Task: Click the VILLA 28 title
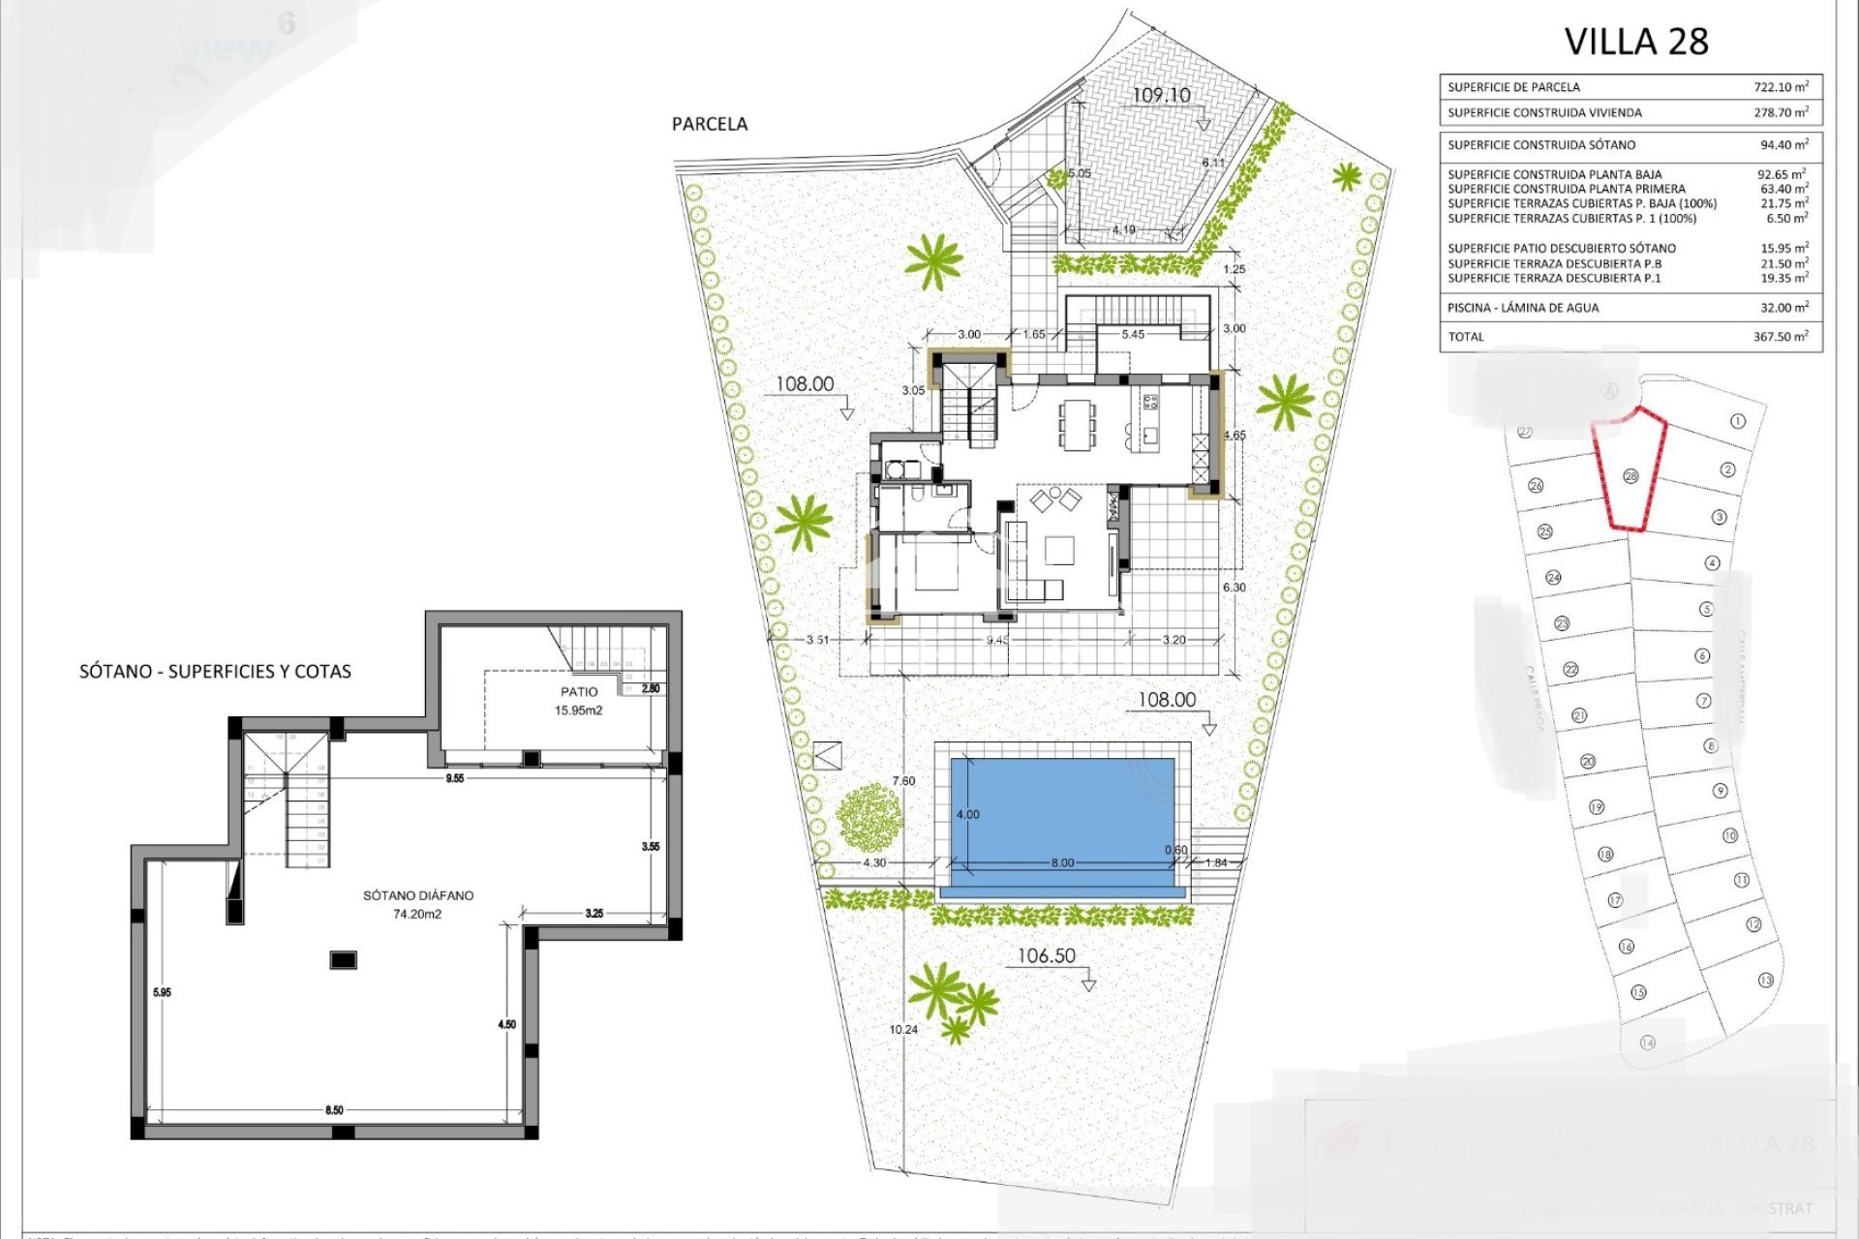click(1635, 42)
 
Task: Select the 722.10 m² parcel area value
click(1781, 87)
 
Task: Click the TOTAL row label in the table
click(1465, 337)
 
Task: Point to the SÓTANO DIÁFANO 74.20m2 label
click(418, 904)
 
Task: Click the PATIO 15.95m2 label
click(579, 701)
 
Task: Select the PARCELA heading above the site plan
click(710, 124)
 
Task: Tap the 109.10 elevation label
click(1161, 95)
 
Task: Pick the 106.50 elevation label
click(1046, 956)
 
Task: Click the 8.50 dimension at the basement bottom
click(334, 1110)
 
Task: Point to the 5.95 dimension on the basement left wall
click(162, 992)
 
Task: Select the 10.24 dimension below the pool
click(903, 1030)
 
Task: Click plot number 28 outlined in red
click(1630, 476)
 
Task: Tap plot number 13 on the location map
click(1766, 981)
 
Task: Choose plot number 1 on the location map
click(1737, 421)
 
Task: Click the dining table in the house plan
click(1079, 426)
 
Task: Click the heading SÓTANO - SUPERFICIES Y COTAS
click(215, 672)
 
